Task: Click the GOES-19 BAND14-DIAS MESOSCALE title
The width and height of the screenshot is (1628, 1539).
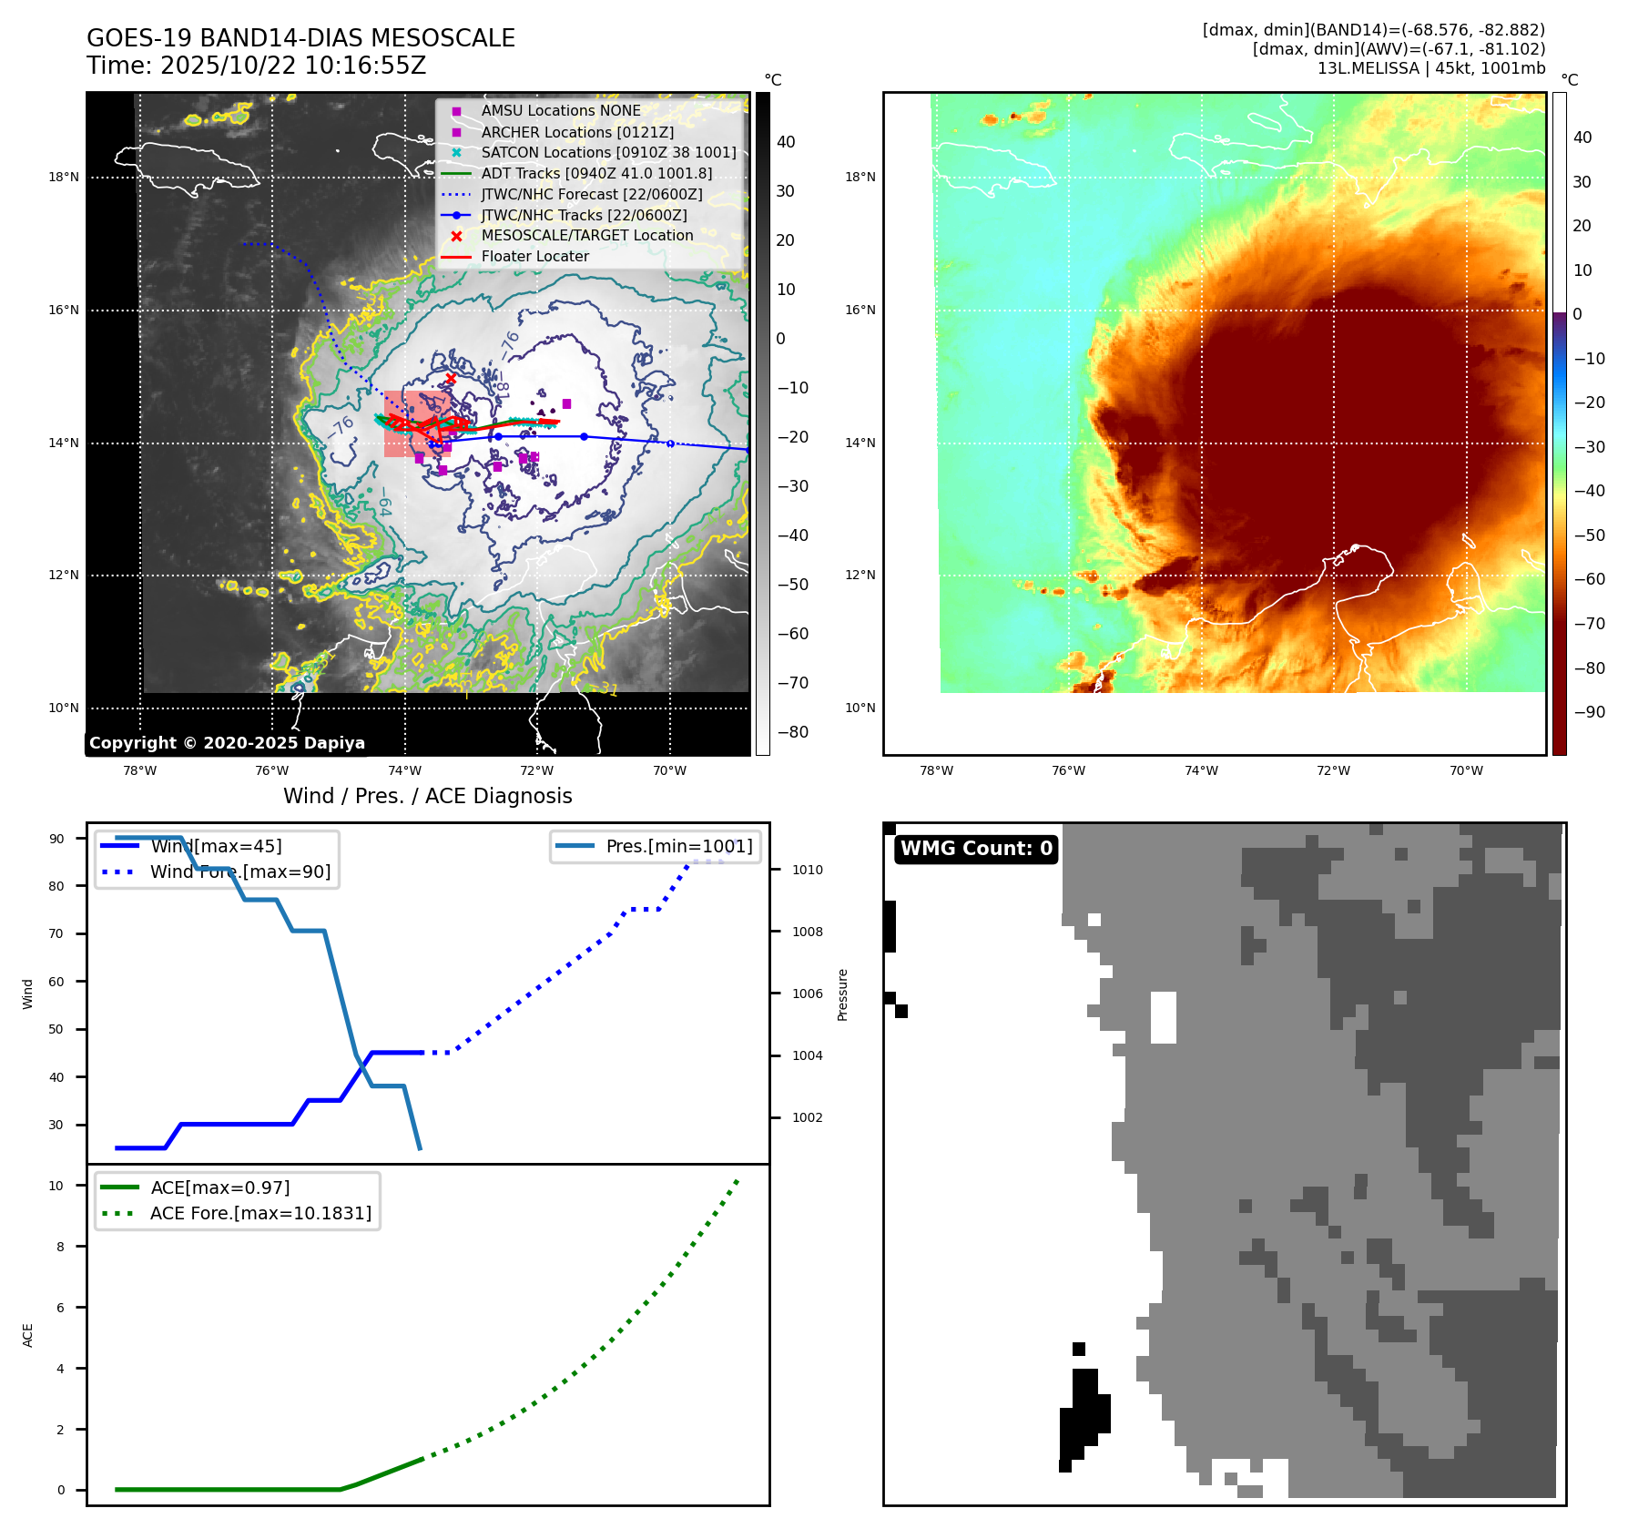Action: (300, 38)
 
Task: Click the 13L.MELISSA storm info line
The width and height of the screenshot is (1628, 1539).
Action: (1430, 68)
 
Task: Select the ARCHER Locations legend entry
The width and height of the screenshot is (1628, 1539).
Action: (577, 132)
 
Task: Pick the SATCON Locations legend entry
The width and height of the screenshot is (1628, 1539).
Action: (608, 152)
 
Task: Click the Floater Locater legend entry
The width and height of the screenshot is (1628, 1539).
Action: (534, 256)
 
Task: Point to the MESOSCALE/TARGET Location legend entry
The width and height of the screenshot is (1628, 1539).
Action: (586, 235)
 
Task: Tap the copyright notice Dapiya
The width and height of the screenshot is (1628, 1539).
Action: (227, 743)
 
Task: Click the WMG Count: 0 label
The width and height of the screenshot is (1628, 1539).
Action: (976, 849)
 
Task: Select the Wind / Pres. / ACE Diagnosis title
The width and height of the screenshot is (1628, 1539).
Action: (427, 796)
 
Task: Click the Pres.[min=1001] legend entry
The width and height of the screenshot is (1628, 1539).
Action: (678, 846)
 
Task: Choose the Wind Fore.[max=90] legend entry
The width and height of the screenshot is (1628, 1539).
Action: (240, 871)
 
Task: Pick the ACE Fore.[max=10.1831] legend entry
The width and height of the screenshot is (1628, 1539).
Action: (260, 1213)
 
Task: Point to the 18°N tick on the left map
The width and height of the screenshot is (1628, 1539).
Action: (64, 178)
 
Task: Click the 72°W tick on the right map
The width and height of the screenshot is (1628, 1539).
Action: (1333, 770)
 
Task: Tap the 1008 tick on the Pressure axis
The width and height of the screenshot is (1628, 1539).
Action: (807, 932)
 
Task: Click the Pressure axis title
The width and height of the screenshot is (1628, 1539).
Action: (843, 994)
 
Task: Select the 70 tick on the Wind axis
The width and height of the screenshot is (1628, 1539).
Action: (56, 933)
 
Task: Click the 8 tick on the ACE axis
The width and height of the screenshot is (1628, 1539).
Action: (60, 1247)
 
